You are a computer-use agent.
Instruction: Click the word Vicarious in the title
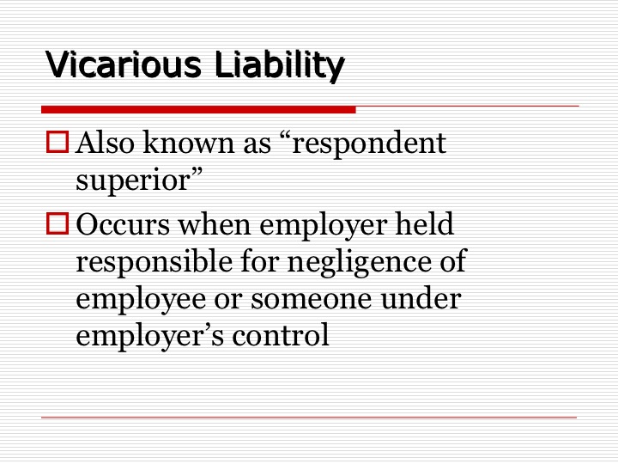[x=124, y=64]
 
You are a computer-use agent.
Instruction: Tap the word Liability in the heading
[x=280, y=66]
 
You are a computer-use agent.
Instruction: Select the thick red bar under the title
[x=198, y=110]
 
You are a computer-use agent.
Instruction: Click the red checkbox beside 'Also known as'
[x=58, y=142]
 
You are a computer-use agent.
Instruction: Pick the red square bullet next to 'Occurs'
[x=58, y=223]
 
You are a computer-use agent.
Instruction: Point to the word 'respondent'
[x=369, y=144]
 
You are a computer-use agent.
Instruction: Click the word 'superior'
[x=134, y=181]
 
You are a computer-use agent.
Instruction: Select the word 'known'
[x=189, y=142]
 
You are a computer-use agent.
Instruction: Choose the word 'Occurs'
[x=123, y=224]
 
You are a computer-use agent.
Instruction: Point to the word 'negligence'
[x=360, y=263]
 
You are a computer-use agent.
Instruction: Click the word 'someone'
[x=312, y=300]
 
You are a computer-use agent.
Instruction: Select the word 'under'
[x=421, y=298]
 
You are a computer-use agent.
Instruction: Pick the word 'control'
[x=281, y=335]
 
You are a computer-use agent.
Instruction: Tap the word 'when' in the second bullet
[x=215, y=223]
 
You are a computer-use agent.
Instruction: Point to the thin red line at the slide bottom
[x=309, y=417]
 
